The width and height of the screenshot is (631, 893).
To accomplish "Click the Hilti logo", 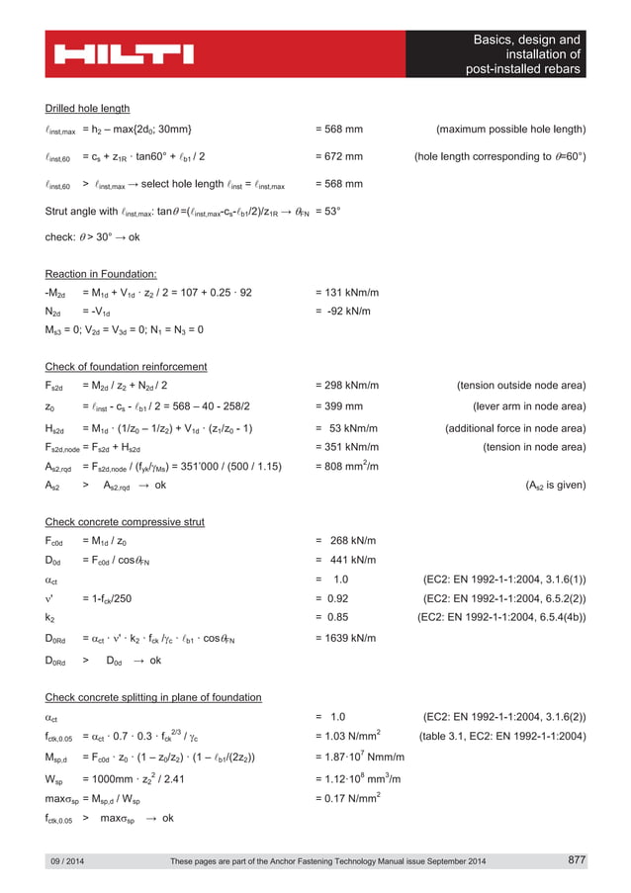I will (125, 53).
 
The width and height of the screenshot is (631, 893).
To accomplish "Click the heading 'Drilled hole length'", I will (88, 108).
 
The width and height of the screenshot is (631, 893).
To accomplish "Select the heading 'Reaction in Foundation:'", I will (101, 273).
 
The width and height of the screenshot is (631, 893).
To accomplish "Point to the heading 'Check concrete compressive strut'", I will (124, 521).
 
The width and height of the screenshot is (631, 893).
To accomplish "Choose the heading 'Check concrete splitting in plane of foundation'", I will (153, 697).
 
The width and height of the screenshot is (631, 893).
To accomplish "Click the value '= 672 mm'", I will (338, 156).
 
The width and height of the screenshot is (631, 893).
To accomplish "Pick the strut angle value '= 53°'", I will (327, 211).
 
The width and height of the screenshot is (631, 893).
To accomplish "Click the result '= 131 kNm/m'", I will (346, 292).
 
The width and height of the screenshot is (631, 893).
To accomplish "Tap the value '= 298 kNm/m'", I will (346, 385).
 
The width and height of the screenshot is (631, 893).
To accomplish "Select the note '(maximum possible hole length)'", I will (510, 130).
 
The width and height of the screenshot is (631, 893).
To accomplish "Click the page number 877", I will (577, 860).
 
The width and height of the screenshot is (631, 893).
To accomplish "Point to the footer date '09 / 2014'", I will (67, 862).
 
